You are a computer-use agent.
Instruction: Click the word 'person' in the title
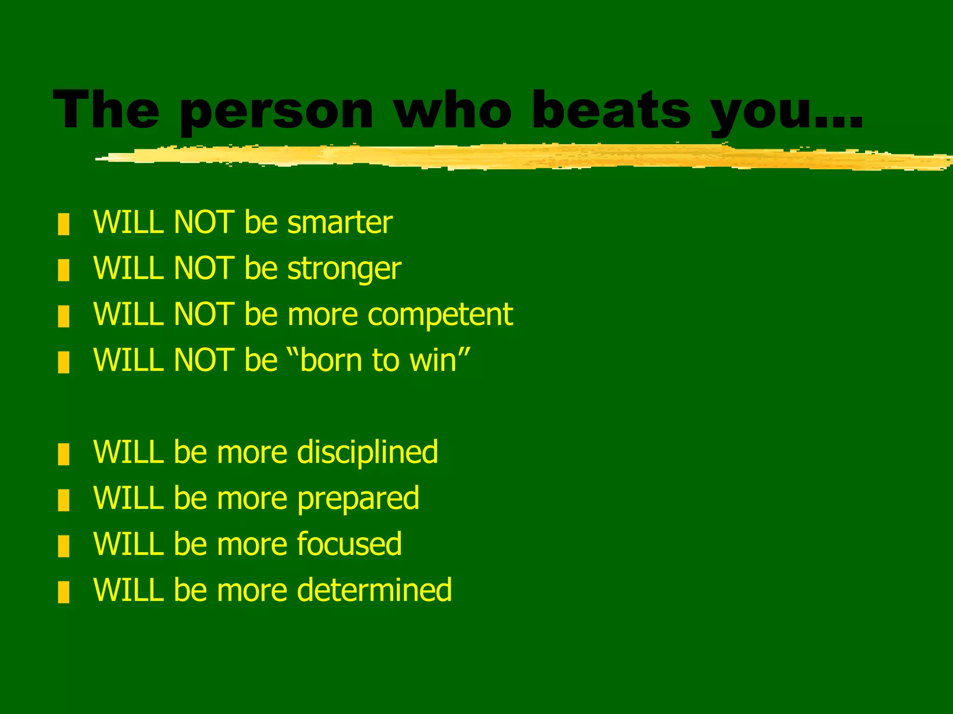tap(276, 112)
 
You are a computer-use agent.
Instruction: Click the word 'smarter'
tap(340, 222)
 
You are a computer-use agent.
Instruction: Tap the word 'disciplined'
tap(367, 452)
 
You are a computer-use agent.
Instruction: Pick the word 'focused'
tap(349, 544)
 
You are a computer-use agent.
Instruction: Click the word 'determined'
tap(374, 590)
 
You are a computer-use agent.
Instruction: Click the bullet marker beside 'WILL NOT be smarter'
tap(64, 224)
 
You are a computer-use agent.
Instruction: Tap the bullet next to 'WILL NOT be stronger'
tap(64, 270)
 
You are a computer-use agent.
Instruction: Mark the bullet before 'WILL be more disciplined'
tap(64, 454)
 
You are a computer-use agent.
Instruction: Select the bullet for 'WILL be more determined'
tap(64, 592)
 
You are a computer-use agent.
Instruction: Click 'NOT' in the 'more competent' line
tap(203, 314)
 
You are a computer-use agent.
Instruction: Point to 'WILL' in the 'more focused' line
tap(128, 544)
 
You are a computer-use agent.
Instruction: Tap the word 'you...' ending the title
tap(786, 112)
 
